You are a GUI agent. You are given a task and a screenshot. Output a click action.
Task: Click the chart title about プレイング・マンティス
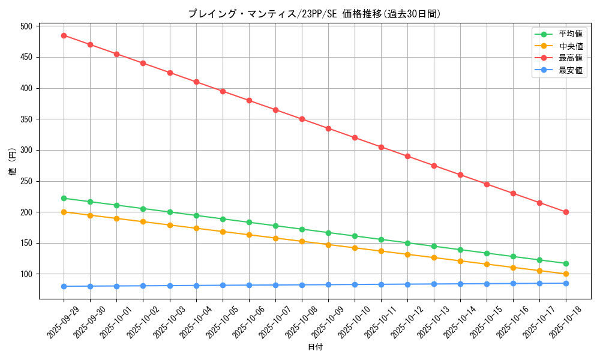(314, 14)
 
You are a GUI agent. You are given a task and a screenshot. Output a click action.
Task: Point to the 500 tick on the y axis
(26, 26)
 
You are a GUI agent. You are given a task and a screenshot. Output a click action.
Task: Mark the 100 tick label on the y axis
(26, 274)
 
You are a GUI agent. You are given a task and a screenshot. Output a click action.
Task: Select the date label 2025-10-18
(566, 322)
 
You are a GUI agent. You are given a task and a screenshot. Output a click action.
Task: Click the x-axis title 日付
(314, 347)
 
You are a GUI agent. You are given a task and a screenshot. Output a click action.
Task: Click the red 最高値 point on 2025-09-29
(64, 35)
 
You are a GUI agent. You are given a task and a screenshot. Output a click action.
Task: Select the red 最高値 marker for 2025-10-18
(566, 212)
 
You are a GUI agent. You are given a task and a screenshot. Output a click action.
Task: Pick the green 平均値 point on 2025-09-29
(64, 198)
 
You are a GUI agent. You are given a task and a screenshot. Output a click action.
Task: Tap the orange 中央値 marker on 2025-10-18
(566, 274)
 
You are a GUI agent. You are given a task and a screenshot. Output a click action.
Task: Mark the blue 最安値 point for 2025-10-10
(355, 284)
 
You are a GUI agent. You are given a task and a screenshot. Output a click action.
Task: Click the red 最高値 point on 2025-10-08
(302, 119)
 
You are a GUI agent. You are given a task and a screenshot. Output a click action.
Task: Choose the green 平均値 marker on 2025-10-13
(434, 246)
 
